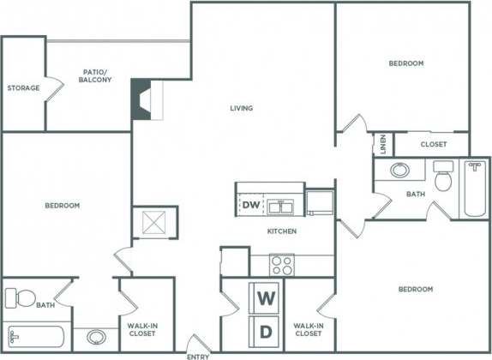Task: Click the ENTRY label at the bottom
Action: [199, 354]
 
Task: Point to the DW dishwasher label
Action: [250, 205]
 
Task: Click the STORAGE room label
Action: [24, 87]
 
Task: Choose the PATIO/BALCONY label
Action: [93, 75]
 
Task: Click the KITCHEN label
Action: [281, 231]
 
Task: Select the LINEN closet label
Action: [380, 145]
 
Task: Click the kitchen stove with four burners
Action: [282, 264]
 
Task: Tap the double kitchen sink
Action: [280, 206]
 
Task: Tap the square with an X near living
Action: [155, 224]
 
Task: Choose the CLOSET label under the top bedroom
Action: [433, 144]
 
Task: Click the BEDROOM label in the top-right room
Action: [405, 63]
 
